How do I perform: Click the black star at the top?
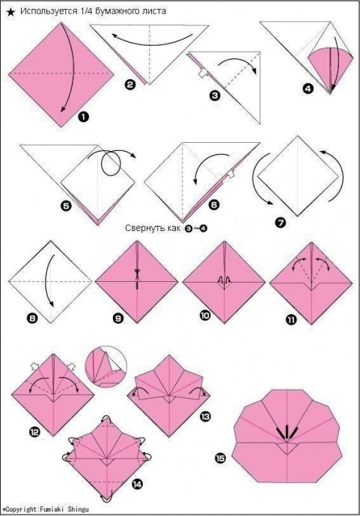(x=10, y=12)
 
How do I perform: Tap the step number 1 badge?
(x=84, y=117)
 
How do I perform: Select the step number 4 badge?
(x=308, y=88)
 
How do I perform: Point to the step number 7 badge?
(x=281, y=223)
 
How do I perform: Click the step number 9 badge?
(x=118, y=318)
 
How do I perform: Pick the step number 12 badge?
(x=34, y=431)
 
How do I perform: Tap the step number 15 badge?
(x=220, y=458)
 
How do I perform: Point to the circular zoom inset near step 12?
(x=106, y=366)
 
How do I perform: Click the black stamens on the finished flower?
(x=287, y=431)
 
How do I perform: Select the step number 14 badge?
(x=137, y=484)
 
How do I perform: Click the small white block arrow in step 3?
(x=203, y=73)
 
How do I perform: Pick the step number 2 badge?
(x=130, y=85)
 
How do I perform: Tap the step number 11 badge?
(x=291, y=319)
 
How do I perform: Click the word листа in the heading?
(x=156, y=11)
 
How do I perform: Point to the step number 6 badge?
(x=214, y=205)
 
